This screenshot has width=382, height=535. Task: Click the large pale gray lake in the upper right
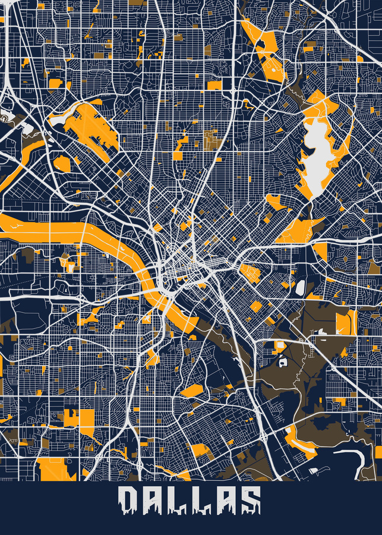point(315,152)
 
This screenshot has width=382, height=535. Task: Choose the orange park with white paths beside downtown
point(250,273)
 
